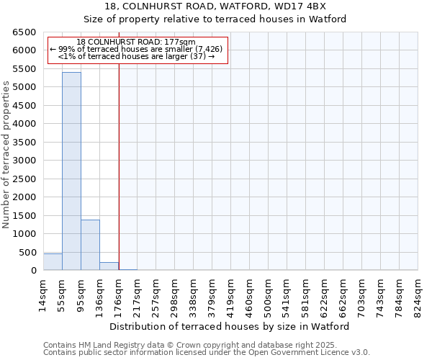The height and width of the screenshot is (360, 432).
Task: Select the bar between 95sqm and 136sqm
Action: (x=90, y=245)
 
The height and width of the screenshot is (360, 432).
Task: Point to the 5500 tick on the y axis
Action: (x=24, y=69)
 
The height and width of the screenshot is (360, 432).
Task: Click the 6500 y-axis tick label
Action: (x=24, y=32)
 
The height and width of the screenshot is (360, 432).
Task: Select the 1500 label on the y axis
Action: (x=24, y=216)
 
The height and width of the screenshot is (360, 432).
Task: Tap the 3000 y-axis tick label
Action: (x=24, y=161)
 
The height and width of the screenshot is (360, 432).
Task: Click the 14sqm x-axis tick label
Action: (x=43, y=293)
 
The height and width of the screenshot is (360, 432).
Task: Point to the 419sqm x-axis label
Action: (x=230, y=293)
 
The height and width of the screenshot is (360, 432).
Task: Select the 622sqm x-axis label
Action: (x=324, y=293)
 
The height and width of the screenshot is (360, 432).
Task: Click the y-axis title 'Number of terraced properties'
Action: (x=6, y=155)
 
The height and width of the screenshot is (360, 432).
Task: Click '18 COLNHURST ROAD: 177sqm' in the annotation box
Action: (x=135, y=42)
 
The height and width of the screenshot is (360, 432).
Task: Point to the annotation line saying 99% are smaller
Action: (x=135, y=49)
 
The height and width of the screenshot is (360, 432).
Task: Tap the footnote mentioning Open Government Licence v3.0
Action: (x=207, y=353)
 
